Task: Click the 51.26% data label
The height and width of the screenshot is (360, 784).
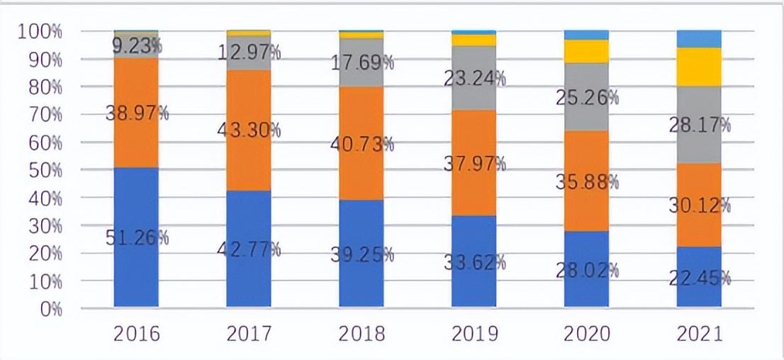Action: (x=136, y=237)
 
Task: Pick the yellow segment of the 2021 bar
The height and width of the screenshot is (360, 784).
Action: (x=699, y=67)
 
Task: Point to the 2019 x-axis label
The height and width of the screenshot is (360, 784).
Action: (x=474, y=334)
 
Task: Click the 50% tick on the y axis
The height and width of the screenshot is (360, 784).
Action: (x=42, y=170)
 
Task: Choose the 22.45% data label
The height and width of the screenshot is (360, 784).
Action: (x=699, y=278)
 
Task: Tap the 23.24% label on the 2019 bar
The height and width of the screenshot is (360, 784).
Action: (x=474, y=78)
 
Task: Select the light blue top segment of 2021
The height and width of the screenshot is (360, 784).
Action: (x=699, y=38)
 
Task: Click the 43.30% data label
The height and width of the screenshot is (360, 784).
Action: (x=249, y=130)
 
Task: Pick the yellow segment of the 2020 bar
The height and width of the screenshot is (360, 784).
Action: (x=586, y=51)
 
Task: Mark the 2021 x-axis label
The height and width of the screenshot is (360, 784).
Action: (x=699, y=334)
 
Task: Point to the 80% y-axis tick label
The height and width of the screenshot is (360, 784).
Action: (x=42, y=87)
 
